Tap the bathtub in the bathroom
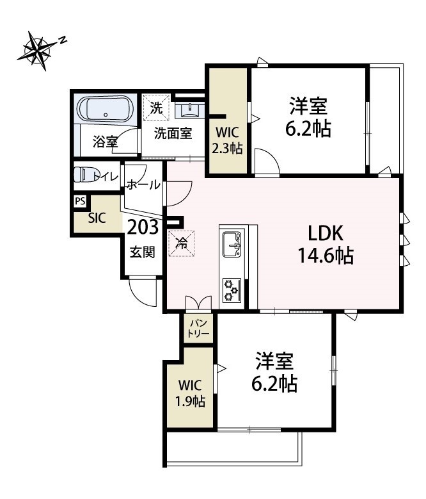point(106,110)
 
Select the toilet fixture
point(83,176)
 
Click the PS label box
point(80,201)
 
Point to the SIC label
point(97,217)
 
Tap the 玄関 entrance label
point(143,252)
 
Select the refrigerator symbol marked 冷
point(182,243)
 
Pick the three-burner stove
point(232,290)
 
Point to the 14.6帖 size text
point(326,256)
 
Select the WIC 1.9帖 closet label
point(191,394)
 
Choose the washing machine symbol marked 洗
point(156,108)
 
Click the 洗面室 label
point(173,134)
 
